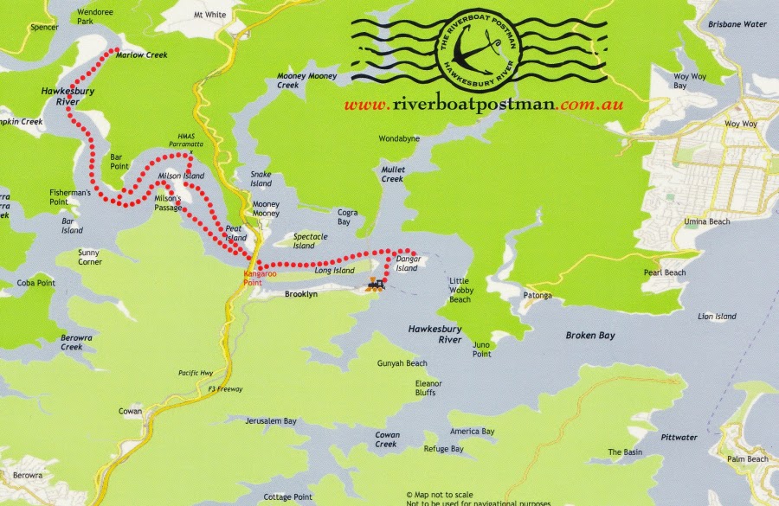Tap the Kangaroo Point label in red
[259, 279]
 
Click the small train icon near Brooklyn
[376, 284]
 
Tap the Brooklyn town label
[301, 294]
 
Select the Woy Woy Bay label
[692, 81]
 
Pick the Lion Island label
[717, 317]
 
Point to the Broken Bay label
[590, 335]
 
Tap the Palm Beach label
[747, 458]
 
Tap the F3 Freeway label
[225, 389]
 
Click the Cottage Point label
[287, 497]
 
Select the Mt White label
[209, 15]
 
